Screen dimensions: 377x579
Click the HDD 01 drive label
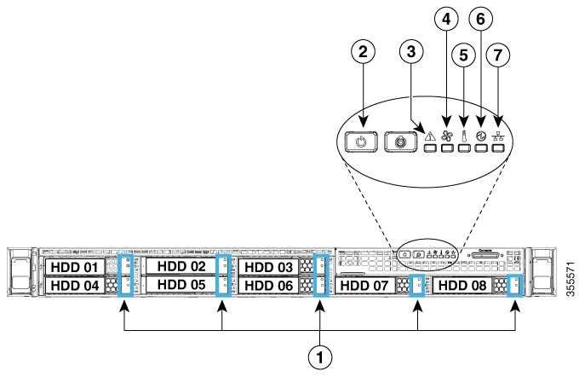pyautogui.click(x=73, y=267)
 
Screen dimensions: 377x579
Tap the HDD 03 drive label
pyautogui.click(x=267, y=267)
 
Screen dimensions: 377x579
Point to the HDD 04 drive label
pyautogui.click(x=73, y=286)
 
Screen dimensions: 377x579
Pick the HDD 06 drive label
pyautogui.click(x=267, y=286)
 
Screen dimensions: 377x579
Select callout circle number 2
pyautogui.click(x=364, y=52)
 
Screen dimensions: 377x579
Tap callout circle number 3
pyautogui.click(x=412, y=52)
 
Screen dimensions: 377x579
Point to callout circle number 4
pyautogui.click(x=444, y=18)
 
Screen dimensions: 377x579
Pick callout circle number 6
pyautogui.click(x=480, y=18)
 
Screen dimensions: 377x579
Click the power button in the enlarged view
pyautogui.click(x=362, y=141)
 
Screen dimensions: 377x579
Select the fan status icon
pyautogui.click(x=447, y=131)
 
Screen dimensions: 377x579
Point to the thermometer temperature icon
pyautogui.click(x=464, y=131)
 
